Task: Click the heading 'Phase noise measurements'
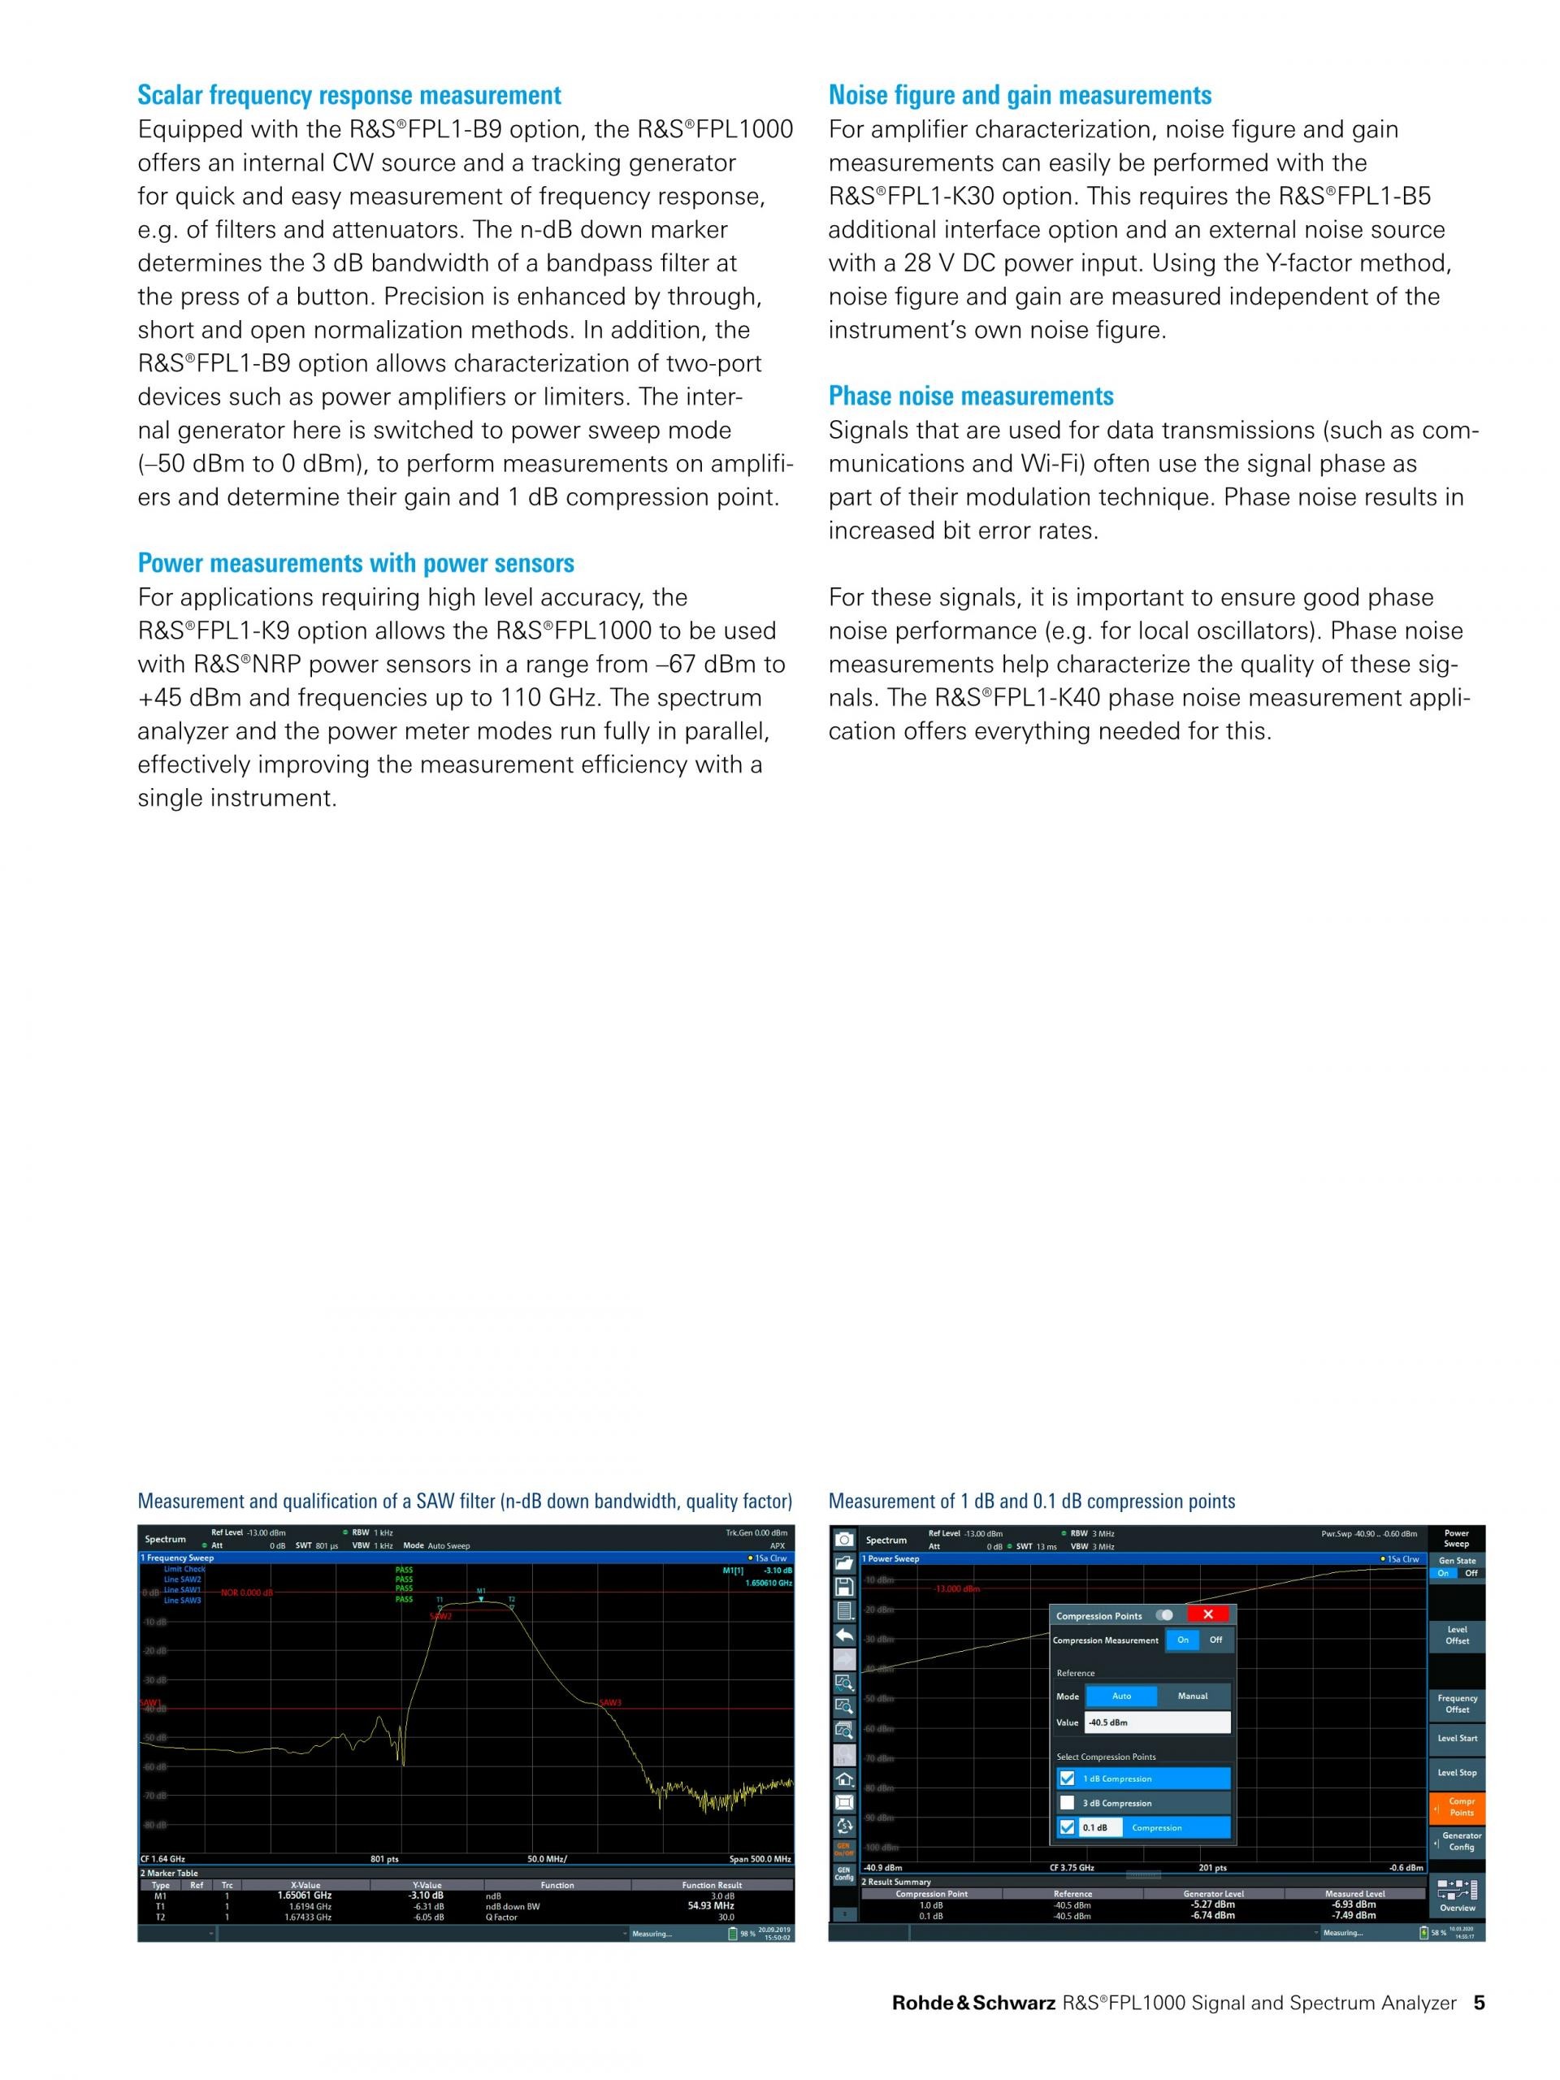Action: coord(970,396)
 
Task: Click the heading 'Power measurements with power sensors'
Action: coord(355,563)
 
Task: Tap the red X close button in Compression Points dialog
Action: coord(1208,1614)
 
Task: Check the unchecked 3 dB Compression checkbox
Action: coord(1066,1803)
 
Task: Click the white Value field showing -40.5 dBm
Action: coord(1158,1722)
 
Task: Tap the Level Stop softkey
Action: coord(1457,1771)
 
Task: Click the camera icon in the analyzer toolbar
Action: coord(844,1540)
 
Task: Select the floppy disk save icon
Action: coord(844,1586)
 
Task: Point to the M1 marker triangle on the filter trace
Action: coord(480,1597)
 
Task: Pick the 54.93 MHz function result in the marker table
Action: coord(711,1905)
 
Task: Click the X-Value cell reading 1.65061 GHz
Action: coord(305,1896)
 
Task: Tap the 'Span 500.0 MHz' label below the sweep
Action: coord(760,1859)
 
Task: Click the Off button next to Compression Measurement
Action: coord(1215,1640)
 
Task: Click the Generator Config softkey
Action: coord(1460,1841)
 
